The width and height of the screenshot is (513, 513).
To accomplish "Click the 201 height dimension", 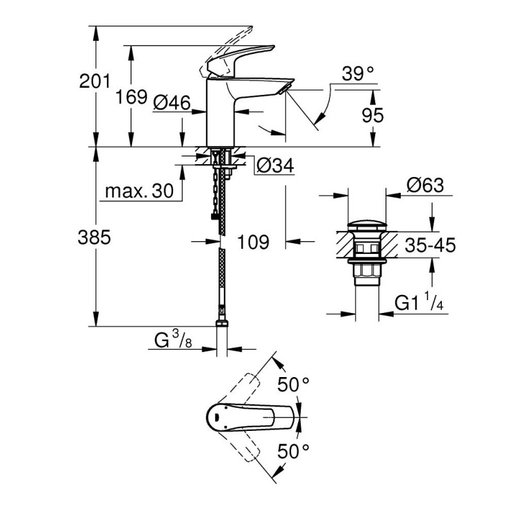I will click(95, 81).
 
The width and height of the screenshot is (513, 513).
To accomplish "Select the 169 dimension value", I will click(131, 97).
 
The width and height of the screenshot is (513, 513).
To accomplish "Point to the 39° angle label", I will click(357, 74).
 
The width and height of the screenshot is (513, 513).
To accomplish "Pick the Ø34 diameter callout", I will click(275, 167).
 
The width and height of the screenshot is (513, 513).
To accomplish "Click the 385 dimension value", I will click(95, 237).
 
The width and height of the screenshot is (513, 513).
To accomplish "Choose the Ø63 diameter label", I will click(425, 185).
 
